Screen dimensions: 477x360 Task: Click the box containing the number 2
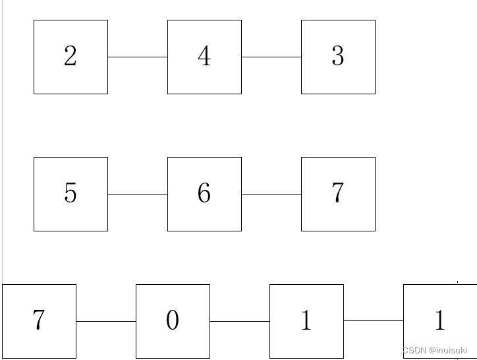coord(70,57)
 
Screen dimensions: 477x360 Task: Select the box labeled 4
coord(204,57)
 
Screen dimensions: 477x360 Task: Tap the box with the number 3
coord(338,57)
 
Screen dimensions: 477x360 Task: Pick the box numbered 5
coord(70,194)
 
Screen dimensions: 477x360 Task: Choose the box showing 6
coord(204,194)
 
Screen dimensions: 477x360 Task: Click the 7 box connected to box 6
coord(338,194)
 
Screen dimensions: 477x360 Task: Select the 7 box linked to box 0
coord(39,321)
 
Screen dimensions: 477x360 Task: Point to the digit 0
coord(173,321)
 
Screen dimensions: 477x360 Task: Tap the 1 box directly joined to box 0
coord(306,321)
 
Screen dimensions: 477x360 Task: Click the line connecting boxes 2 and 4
coord(138,57)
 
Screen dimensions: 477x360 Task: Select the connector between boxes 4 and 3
coord(271,57)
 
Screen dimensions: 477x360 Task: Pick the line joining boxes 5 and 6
coord(138,194)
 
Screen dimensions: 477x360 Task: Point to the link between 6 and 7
coord(271,194)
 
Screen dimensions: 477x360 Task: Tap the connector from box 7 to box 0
coord(106,321)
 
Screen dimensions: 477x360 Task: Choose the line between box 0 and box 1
coord(240,321)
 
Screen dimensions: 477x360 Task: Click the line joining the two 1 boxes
coord(374,321)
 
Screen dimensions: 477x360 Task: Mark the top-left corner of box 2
coord(34,20)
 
